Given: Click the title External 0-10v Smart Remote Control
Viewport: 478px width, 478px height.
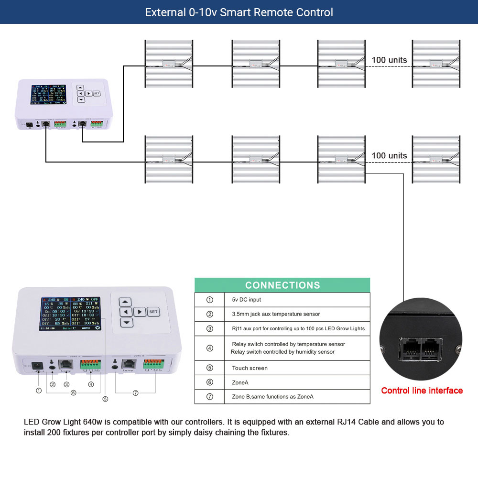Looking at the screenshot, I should pyautogui.click(x=239, y=12).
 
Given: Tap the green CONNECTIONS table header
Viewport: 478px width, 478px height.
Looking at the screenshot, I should pyautogui.click(x=282, y=285).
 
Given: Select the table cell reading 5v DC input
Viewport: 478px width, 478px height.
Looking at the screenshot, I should pyautogui.click(x=246, y=300).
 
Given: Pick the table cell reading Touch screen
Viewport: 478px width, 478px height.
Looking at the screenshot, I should pyautogui.click(x=250, y=368).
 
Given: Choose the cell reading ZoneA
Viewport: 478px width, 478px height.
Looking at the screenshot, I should pyautogui.click(x=240, y=382).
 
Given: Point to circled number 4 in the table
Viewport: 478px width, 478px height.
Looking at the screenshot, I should pyautogui.click(x=209, y=348).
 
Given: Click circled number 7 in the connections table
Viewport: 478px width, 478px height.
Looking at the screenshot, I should pyautogui.click(x=209, y=397).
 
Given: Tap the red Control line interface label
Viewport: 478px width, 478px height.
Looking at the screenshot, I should pyautogui.click(x=422, y=391).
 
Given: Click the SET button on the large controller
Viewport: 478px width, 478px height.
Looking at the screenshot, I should pyautogui.click(x=153, y=312).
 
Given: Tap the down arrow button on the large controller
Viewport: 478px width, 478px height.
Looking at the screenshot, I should pyautogui.click(x=125, y=323).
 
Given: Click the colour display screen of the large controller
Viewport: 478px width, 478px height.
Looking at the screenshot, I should pyautogui.click(x=71, y=314).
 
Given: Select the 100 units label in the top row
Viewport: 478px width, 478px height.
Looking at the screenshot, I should pyautogui.click(x=389, y=60).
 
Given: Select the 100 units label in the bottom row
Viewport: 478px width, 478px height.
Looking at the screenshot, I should pyautogui.click(x=389, y=156).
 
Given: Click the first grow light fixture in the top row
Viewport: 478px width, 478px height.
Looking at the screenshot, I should pyautogui.click(x=169, y=64).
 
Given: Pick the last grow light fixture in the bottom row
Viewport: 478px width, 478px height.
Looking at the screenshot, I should pyautogui.click(x=436, y=159).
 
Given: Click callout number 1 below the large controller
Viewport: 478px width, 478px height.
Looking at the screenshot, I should pyautogui.click(x=39, y=390).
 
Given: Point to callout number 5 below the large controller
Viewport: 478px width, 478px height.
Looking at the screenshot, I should pyautogui.click(x=105, y=398).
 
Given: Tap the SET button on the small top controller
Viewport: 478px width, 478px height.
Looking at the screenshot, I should pyautogui.click(x=97, y=93).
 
